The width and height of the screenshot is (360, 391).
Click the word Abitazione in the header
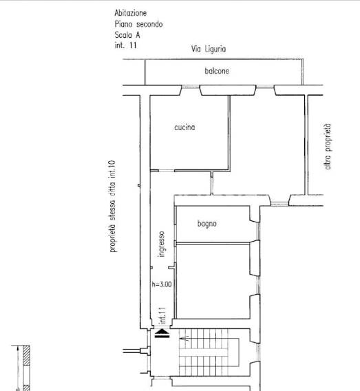pyautogui.click(x=130, y=13)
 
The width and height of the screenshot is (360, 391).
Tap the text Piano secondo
pyautogui.click(x=138, y=24)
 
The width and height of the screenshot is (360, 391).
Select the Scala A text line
pyautogui.click(x=127, y=35)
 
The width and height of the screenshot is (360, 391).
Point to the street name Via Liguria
pyautogui.click(x=209, y=49)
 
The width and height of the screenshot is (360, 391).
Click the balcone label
pyautogui.click(x=217, y=71)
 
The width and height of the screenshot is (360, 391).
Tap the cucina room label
pyautogui.click(x=184, y=127)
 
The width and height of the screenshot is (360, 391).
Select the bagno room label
pyautogui.click(x=207, y=224)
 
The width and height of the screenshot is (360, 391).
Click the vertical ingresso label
pyautogui.click(x=162, y=244)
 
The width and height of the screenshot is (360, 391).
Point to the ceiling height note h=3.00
pyautogui.click(x=162, y=284)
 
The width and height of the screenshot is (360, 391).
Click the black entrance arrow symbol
pyautogui.click(x=162, y=334)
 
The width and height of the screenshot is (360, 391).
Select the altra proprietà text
pyautogui.click(x=328, y=147)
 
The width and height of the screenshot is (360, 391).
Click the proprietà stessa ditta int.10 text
pyautogui.click(x=112, y=207)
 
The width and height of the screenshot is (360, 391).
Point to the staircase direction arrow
pyautogui.click(x=185, y=339)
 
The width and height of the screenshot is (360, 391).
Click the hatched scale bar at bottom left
pyautogui.click(x=26, y=368)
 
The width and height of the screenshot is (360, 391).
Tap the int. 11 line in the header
pyautogui.click(x=125, y=45)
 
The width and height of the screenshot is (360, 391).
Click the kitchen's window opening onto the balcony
pyautogui.click(x=191, y=87)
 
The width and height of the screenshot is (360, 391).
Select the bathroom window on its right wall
pyautogui.click(x=258, y=231)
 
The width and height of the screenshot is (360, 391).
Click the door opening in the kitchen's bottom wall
pyautogui.click(x=167, y=171)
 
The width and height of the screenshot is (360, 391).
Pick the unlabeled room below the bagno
pyautogui.click(x=213, y=281)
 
